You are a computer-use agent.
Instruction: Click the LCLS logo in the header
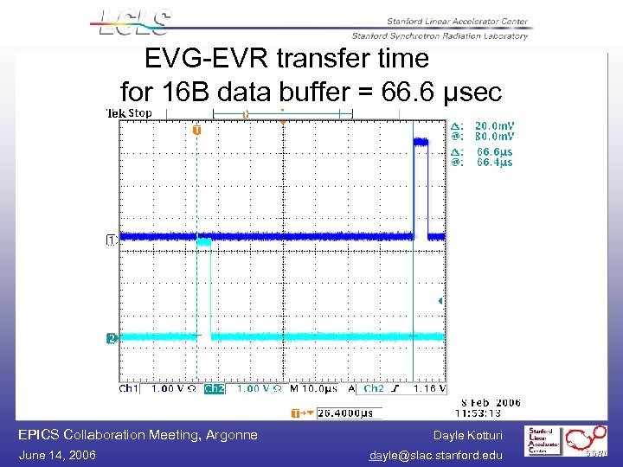coord(133,23)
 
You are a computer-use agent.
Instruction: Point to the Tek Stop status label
coord(128,113)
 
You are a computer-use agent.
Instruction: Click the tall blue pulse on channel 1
coord(421,186)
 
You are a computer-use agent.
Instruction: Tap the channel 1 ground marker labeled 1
coord(111,239)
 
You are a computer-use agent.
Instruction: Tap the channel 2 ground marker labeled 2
coord(111,338)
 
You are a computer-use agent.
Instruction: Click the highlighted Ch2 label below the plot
coord(214,389)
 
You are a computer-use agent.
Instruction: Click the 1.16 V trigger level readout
coord(430,389)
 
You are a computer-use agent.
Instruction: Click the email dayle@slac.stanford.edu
coord(435,455)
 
